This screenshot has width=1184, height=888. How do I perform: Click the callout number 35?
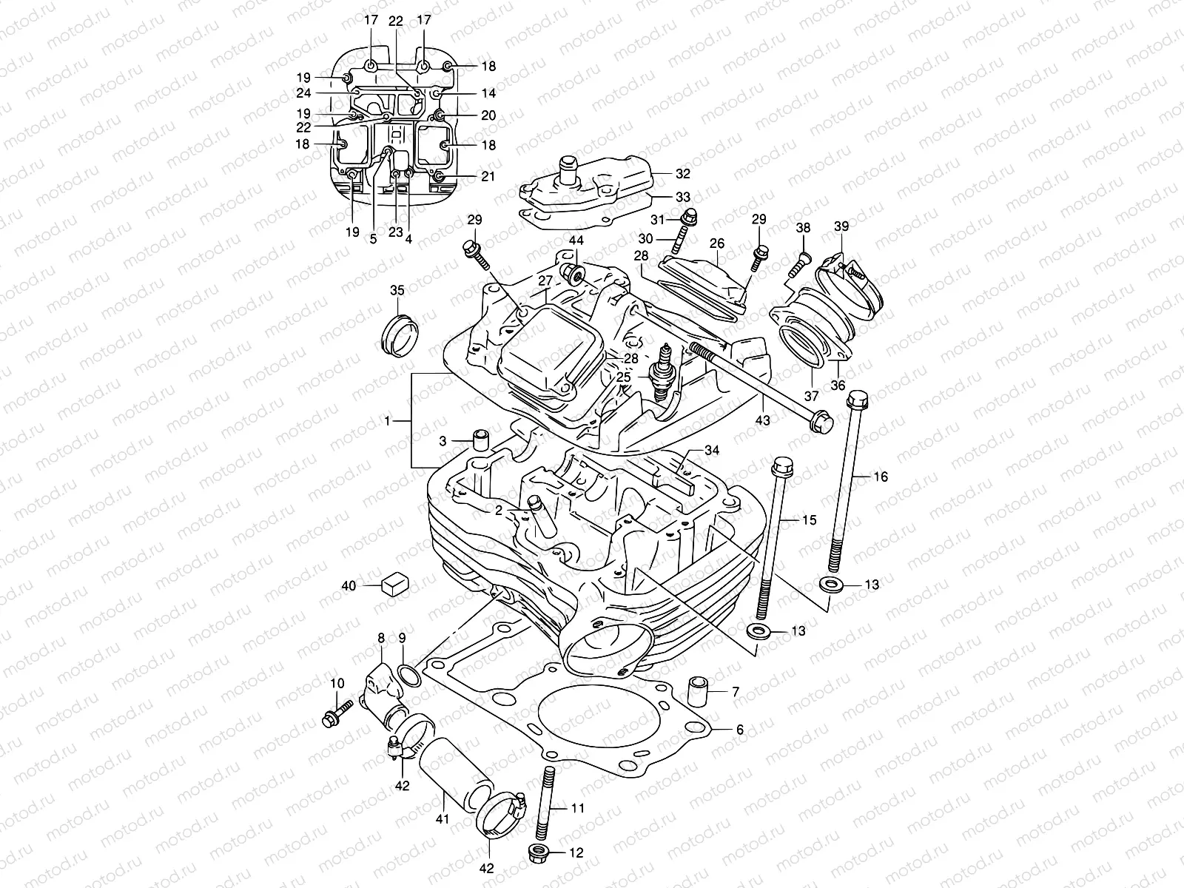pos(397,289)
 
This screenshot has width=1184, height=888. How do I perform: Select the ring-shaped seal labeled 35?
pos(399,334)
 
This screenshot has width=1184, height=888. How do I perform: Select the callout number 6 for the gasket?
pos(739,729)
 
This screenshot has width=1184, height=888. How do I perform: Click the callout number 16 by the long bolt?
pos(881,477)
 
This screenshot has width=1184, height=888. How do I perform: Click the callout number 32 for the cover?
pos(682,175)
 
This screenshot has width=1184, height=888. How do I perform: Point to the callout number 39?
pos(841,226)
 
